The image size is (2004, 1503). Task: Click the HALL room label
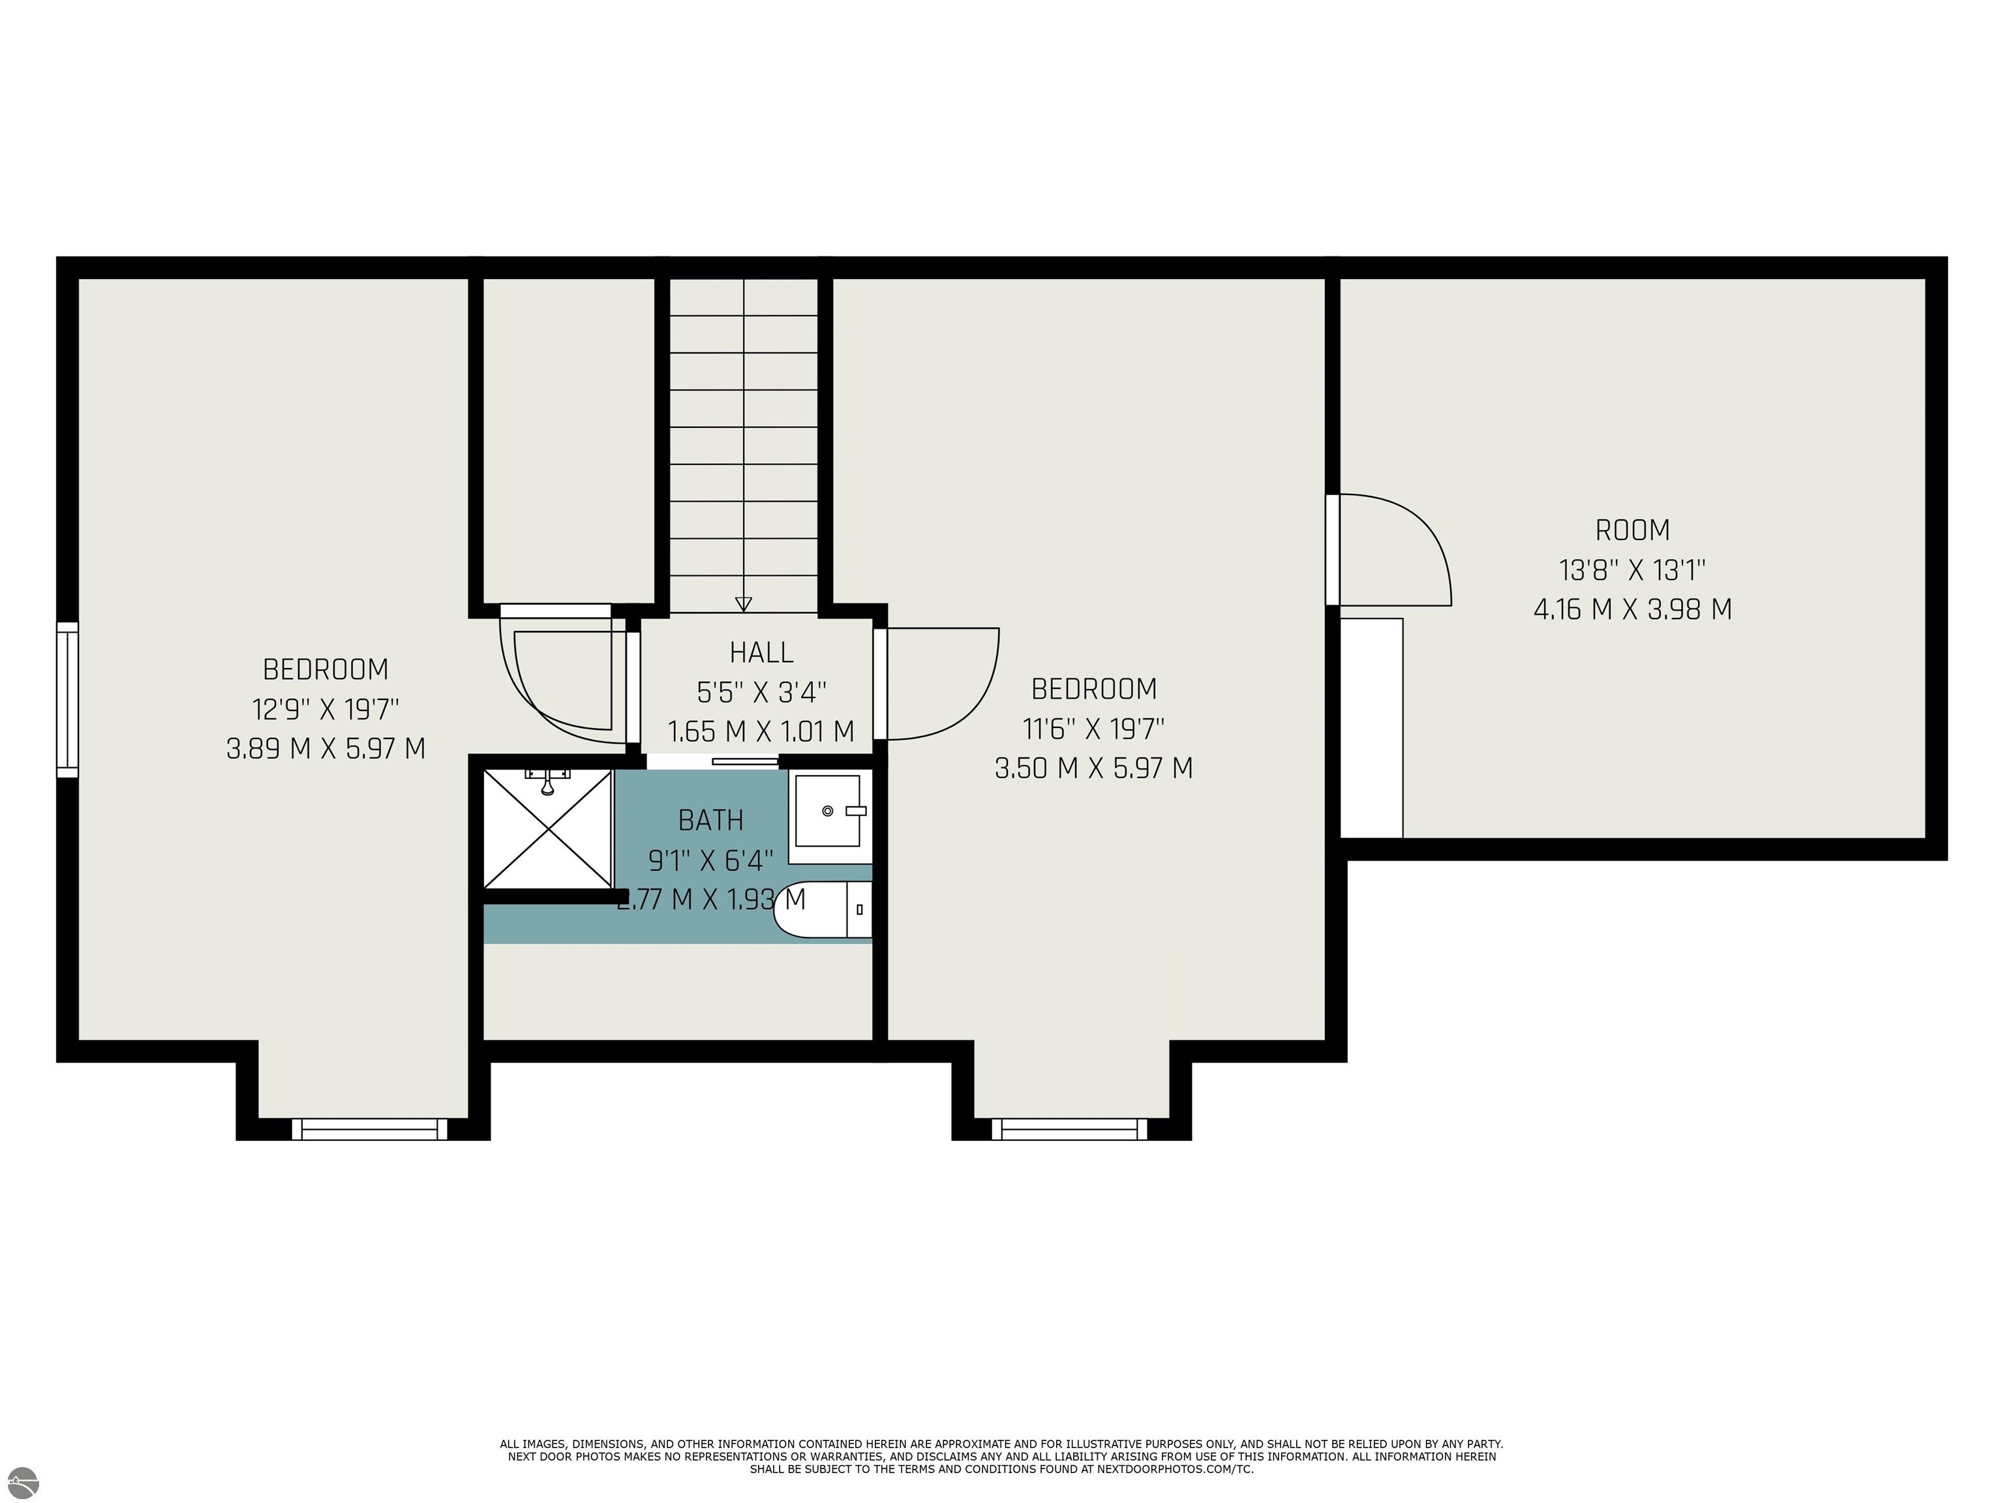pos(761,652)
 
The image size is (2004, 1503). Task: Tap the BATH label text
pos(711,820)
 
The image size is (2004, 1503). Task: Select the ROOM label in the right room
pos(1633,530)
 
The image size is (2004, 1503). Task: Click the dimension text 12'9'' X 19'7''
pos(326,708)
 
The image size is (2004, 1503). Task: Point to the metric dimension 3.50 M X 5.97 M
pos(1093,768)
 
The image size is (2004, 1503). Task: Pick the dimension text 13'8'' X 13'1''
pos(1633,570)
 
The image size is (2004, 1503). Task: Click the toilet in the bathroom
pos(823,909)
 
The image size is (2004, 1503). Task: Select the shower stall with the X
pos(547,829)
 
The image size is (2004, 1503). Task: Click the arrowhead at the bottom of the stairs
pos(744,604)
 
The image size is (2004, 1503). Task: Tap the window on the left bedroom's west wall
pos(67,699)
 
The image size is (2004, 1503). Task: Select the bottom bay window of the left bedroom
pos(370,1129)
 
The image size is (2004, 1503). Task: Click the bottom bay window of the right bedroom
pos(1069,1129)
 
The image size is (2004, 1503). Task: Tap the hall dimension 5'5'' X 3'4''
pos(761,693)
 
